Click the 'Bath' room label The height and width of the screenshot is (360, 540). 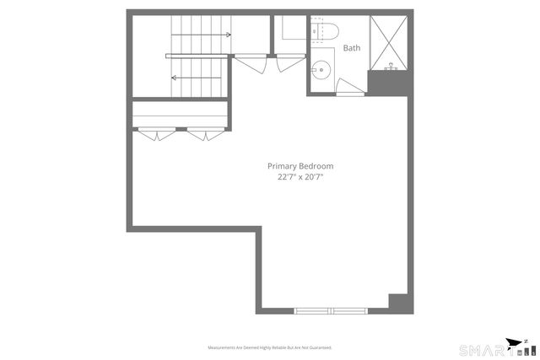tap(351, 48)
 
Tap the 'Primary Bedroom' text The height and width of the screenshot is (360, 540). tap(300, 166)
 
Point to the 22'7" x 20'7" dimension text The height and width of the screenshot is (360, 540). tap(300, 177)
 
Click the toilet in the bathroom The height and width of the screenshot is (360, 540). tap(324, 32)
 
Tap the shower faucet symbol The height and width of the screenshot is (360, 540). tap(391, 65)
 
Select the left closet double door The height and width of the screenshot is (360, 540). tap(156, 132)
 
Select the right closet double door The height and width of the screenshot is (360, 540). tap(205, 132)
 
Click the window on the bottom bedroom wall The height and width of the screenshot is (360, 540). tap(332, 310)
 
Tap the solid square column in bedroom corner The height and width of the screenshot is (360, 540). tap(396, 301)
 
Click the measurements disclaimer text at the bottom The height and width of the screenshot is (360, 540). tap(270, 347)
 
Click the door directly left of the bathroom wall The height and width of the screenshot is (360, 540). tap(289, 61)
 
